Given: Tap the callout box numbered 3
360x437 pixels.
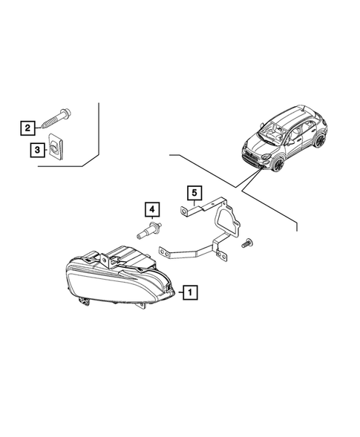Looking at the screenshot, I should [x=36, y=150].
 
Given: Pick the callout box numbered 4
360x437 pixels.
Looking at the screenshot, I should [x=151, y=208].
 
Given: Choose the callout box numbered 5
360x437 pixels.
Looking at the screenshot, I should [x=193, y=194].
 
